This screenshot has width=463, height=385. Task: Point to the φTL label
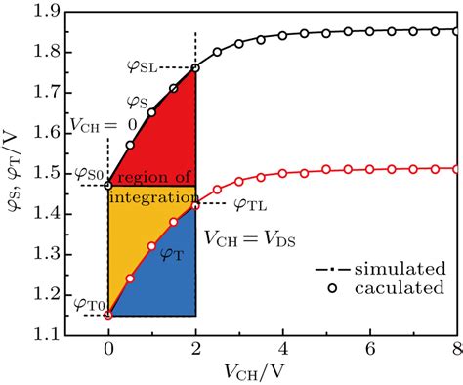252,204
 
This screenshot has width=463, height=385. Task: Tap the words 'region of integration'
151,187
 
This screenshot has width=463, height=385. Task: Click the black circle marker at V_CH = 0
108,183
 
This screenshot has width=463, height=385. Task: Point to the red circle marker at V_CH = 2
195,205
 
